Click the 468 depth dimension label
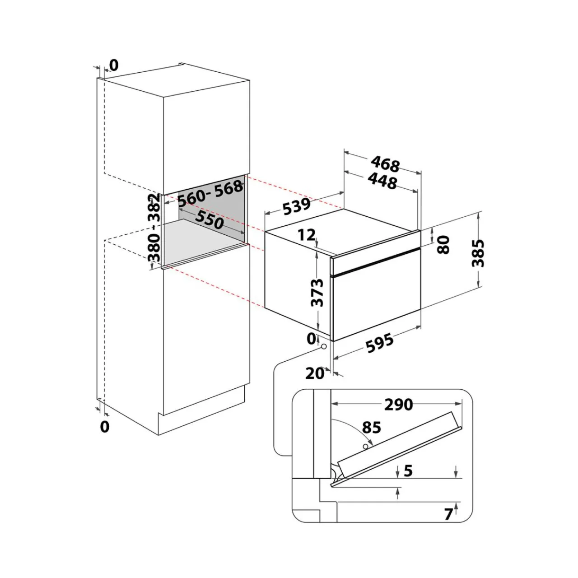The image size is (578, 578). tap(385, 164)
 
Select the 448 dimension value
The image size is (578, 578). tap(382, 181)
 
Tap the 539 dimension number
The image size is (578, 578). tap(297, 206)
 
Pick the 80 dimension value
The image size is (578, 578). tap(443, 244)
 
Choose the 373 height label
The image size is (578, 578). tap(317, 293)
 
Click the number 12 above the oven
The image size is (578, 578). tap(307, 234)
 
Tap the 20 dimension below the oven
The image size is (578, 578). tap(315, 373)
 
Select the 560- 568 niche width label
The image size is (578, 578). tap(210, 193)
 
